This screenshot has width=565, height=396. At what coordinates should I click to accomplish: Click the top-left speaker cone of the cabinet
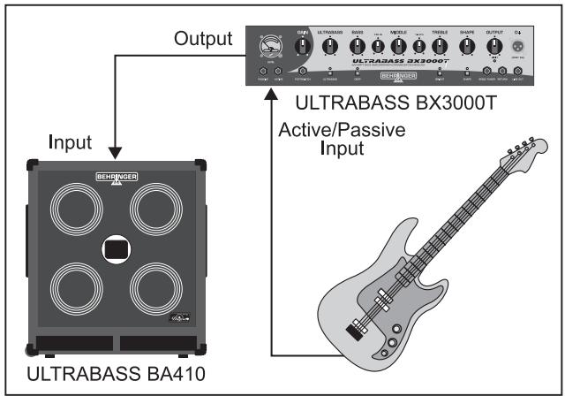coord(74,210)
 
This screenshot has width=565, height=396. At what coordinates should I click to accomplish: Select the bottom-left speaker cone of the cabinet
coord(74,289)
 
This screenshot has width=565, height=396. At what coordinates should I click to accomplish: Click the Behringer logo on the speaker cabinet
coord(117,178)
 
